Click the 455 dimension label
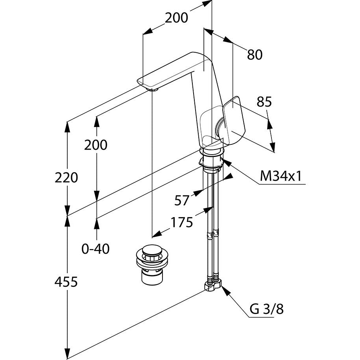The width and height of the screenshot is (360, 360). pyautogui.click(x=66, y=282)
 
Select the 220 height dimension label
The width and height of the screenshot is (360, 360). pyautogui.click(x=66, y=178)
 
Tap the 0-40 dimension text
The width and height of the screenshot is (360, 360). pyautogui.click(x=96, y=249)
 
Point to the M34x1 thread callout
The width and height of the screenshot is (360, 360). pyautogui.click(x=281, y=176)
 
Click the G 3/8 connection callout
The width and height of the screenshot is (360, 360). pyautogui.click(x=266, y=309)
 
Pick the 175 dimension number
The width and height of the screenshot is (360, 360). pyautogui.click(x=182, y=222)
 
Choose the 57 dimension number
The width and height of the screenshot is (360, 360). pyautogui.click(x=182, y=200)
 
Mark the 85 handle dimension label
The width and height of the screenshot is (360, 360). pyautogui.click(x=264, y=102)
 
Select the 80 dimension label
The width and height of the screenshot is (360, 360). pyautogui.click(x=255, y=55)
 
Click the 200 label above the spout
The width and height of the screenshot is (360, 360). pyautogui.click(x=176, y=18)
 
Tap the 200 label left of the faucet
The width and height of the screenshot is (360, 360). pyautogui.click(x=96, y=145)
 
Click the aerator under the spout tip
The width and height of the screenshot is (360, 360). pyautogui.click(x=153, y=90)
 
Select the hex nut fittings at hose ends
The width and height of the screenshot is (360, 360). pyautogui.click(x=213, y=284)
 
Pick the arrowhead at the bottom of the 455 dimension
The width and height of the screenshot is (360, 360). pyautogui.click(x=67, y=354)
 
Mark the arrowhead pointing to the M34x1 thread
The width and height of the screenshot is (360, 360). pyautogui.click(x=226, y=162)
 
